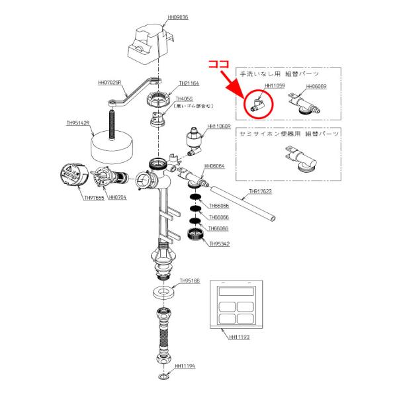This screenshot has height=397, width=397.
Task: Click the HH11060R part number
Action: coord(218,126)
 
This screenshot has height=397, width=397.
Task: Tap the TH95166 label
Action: coord(190,281)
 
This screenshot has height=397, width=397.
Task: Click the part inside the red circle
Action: coord(256,103)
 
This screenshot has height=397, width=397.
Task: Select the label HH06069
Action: coord(316,86)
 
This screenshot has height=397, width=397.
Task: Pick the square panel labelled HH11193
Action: coord(236,304)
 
